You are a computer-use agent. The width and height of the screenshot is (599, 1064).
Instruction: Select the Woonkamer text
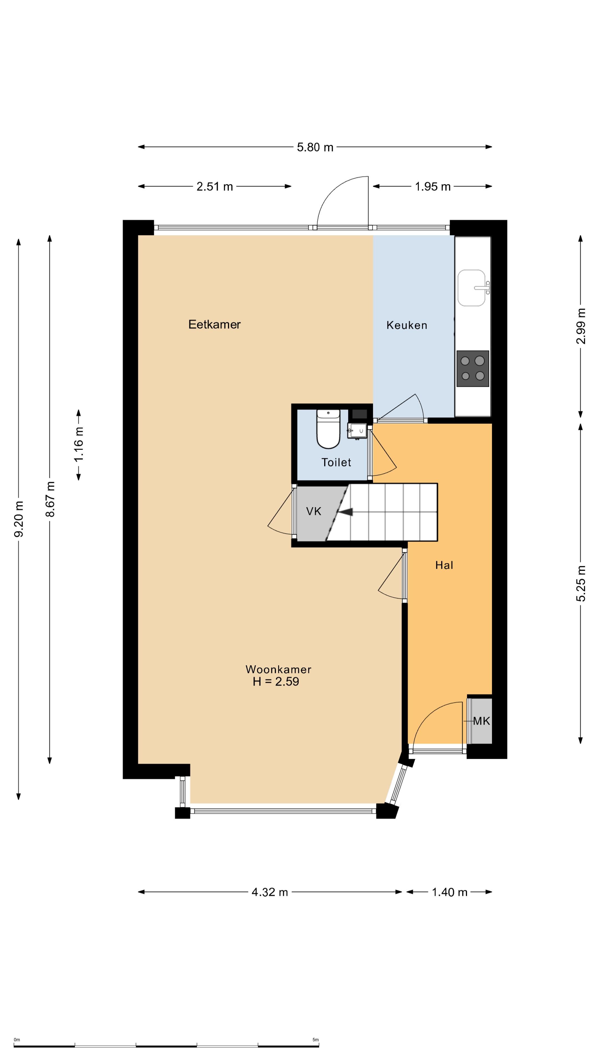coord(278,669)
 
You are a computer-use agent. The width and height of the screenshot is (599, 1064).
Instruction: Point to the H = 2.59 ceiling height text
coord(276,682)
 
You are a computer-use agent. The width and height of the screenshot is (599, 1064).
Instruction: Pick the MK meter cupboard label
coord(481,721)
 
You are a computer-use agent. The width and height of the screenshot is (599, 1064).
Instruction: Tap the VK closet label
coord(313,511)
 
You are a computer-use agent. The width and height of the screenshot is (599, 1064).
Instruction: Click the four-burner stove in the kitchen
coord(473,369)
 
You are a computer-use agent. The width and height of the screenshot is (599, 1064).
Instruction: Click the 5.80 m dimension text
coord(315,147)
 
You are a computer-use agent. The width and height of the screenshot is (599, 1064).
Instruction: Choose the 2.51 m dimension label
coord(215,187)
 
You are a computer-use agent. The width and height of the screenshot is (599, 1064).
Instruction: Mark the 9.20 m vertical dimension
coord(19,519)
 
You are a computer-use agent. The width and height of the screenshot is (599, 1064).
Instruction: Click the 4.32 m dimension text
coord(270,892)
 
